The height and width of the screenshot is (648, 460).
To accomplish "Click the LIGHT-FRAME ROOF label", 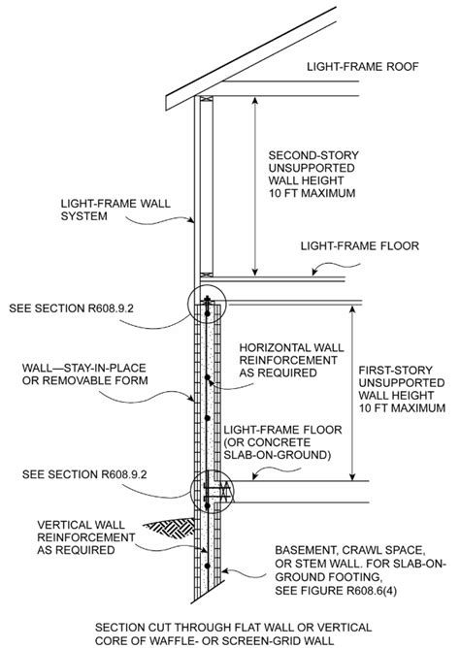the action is click(362, 67).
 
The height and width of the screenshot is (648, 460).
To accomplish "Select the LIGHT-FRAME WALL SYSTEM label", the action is click(115, 210).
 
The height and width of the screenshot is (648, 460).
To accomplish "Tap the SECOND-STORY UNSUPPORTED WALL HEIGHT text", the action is click(313, 168).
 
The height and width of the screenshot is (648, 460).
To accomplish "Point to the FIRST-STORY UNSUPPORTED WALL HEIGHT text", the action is click(402, 382).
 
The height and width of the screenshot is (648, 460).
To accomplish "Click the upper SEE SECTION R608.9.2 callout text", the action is click(71, 308).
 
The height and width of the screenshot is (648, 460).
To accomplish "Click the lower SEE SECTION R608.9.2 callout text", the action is click(84, 474).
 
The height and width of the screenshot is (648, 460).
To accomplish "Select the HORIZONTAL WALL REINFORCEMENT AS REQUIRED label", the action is click(291, 360).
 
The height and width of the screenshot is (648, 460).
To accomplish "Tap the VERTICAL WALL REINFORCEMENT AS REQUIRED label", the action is click(86, 537).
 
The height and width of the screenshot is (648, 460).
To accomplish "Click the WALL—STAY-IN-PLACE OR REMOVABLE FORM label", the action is click(85, 374).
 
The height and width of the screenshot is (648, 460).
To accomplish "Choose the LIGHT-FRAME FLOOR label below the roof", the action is click(360, 245).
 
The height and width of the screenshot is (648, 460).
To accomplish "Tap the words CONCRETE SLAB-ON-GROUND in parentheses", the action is click(278, 449).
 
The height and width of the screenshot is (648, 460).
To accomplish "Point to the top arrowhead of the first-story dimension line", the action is click(352, 310).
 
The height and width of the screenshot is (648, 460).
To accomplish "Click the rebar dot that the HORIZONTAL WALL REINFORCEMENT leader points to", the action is click(208, 377).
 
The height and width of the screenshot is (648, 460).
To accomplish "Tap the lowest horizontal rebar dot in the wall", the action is click(208, 566).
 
